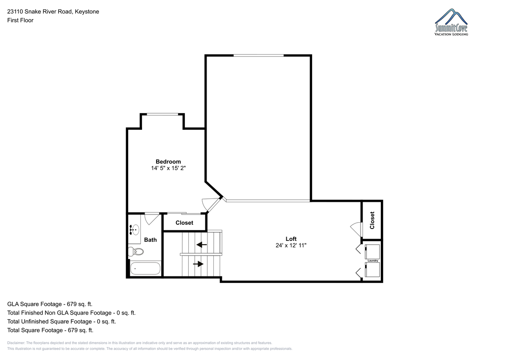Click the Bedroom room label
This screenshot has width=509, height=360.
tap(168, 162)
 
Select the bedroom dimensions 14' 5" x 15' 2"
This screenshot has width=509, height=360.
tap(168, 168)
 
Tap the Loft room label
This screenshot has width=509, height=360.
tap(291, 239)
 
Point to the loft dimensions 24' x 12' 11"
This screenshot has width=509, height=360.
tap(291, 245)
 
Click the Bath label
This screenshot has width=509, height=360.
tap(151, 240)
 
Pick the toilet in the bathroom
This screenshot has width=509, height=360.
tap(136, 251)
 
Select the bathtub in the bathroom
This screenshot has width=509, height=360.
tap(145, 268)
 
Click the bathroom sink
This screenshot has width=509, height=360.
tap(134, 230)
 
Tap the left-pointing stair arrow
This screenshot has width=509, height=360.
tap(201, 245)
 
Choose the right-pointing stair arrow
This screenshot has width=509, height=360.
tap(198, 264)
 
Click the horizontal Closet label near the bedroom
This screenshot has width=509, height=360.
tap(184, 223)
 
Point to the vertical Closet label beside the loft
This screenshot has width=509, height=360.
tap(372, 220)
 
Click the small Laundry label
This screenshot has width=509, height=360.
tap(373, 260)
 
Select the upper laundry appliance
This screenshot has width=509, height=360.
tap(372, 251)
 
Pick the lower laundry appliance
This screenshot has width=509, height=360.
tap(372, 270)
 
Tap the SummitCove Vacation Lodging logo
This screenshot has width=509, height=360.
tap(451, 22)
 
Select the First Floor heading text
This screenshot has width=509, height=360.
tap(20, 20)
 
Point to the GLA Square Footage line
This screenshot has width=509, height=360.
tap(50, 304)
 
